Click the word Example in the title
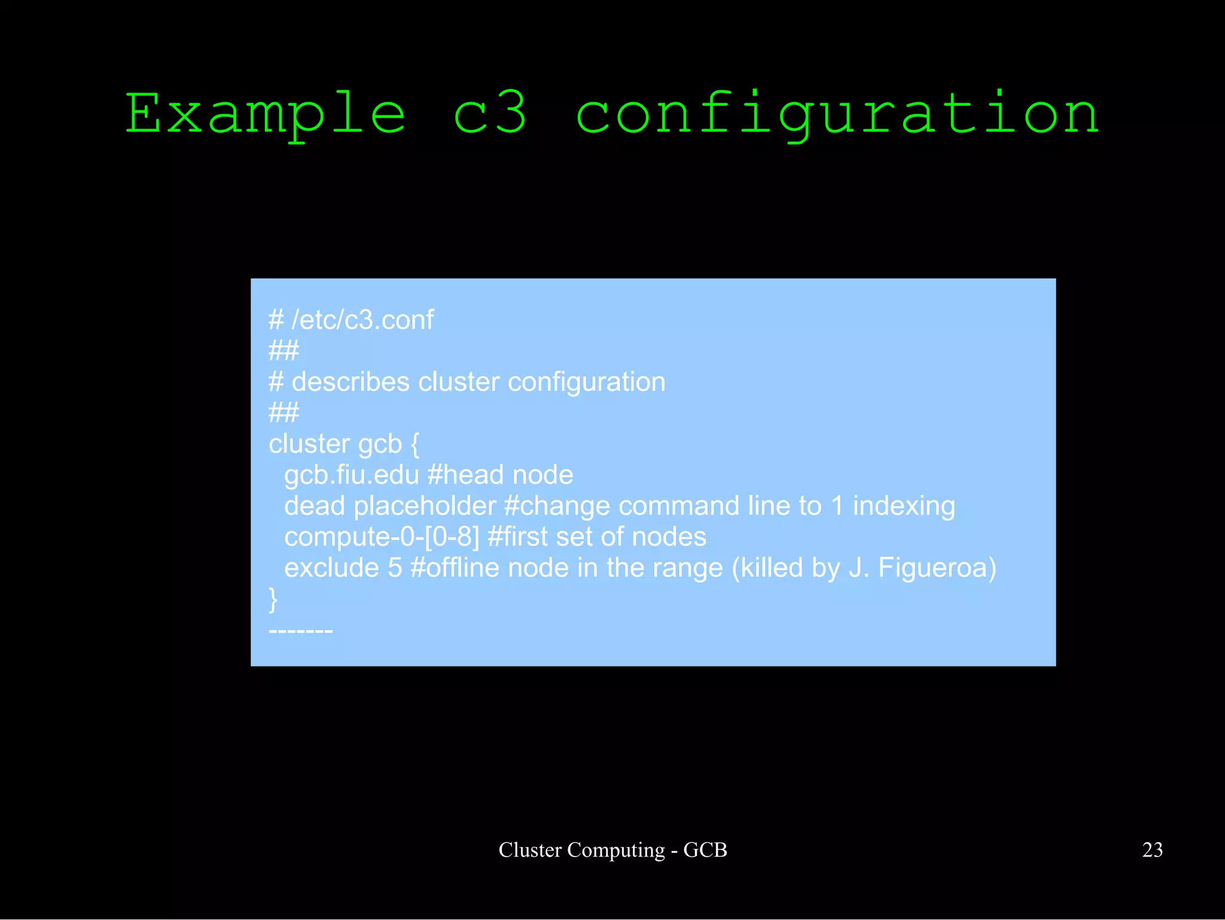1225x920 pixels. tap(265, 114)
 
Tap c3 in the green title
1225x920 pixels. tap(490, 114)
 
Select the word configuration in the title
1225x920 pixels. tap(837, 114)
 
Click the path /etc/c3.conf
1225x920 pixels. tap(362, 320)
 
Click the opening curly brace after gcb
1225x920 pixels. tap(415, 444)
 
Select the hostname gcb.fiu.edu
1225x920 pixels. tap(351, 475)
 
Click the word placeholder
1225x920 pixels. tap(425, 506)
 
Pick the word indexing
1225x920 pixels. tap(903, 506)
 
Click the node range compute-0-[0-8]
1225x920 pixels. tap(382, 537)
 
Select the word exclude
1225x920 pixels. tap(331, 568)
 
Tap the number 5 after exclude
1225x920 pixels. tap(395, 568)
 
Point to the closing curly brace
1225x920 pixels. tap(273, 600)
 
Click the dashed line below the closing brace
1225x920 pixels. tap(301, 631)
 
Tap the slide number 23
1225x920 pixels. tap(1152, 850)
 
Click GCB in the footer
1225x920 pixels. tap(705, 850)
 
